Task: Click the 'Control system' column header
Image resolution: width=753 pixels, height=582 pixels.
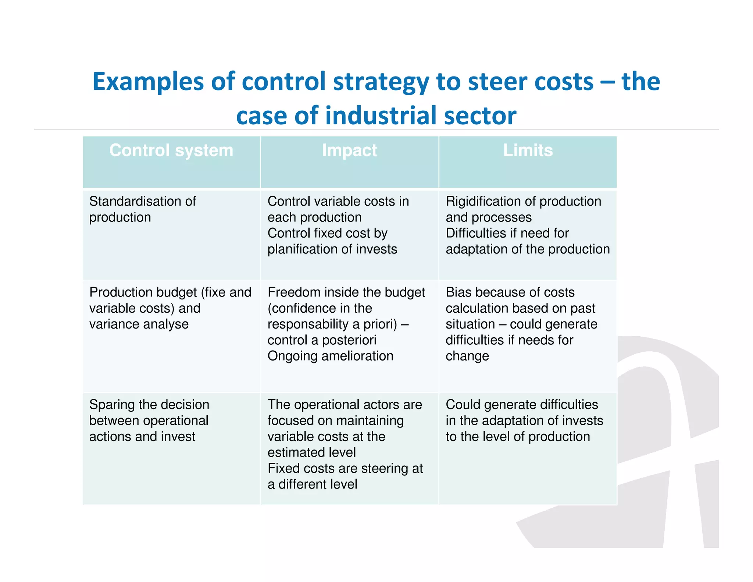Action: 171,150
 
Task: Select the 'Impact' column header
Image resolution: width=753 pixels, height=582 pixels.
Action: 349,150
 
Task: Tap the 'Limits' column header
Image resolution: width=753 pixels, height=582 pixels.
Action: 528,150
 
